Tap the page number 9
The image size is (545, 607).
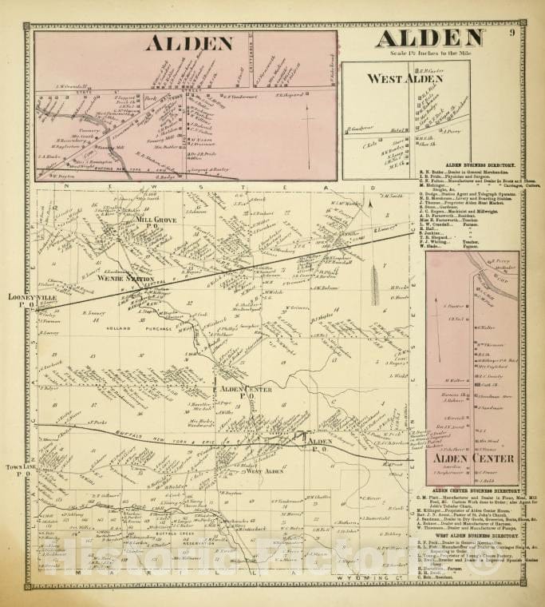click(x=511, y=33)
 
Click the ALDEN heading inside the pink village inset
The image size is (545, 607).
click(x=189, y=43)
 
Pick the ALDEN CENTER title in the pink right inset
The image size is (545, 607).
click(x=463, y=458)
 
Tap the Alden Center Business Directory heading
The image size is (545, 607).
click(x=474, y=490)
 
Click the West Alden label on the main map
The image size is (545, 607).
click(x=264, y=471)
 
